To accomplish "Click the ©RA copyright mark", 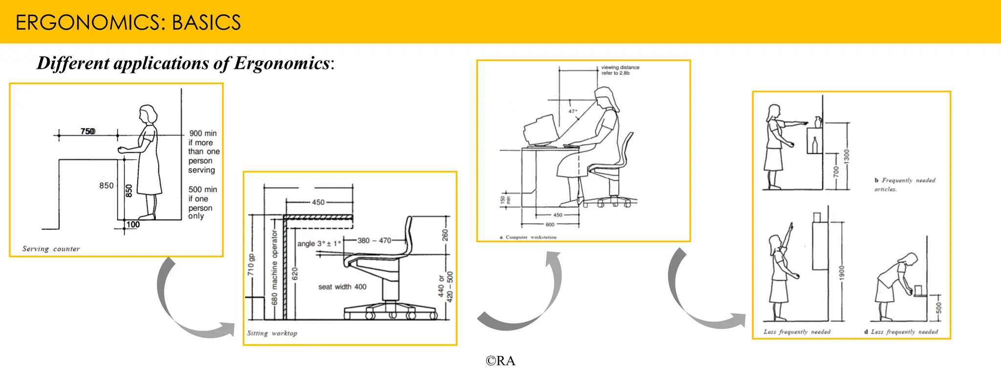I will coord(500,361).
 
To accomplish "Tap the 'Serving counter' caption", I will coord(51,249).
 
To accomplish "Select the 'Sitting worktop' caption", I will coord(272,333).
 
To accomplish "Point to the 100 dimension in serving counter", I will coord(133,225).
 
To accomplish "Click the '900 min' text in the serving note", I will coord(203,133).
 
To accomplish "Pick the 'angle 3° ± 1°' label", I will coord(319,243).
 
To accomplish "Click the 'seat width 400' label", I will coord(342,287).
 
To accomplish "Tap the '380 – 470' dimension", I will coord(374,240).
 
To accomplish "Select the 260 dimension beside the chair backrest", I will coord(445,235).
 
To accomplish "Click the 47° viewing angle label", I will coord(572,111).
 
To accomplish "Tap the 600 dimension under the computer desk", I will coord(550,225).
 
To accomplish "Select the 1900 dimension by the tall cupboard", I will coord(841,272).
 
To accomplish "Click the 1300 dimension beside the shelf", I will coord(847,156).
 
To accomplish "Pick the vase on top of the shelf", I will coord(818,122).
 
